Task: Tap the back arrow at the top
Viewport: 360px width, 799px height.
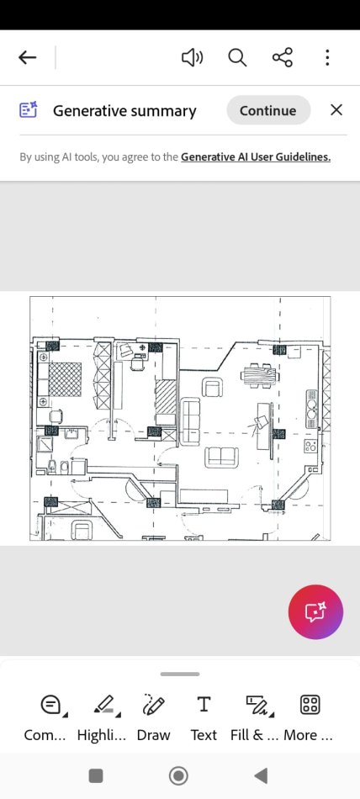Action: pos(28,57)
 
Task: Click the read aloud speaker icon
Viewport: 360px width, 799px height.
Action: pos(193,57)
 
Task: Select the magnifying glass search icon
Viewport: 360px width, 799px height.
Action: pos(237,57)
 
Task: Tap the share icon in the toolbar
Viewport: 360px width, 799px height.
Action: pos(283,57)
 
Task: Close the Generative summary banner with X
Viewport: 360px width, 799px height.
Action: pos(336,110)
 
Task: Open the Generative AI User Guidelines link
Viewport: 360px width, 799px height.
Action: pos(256,157)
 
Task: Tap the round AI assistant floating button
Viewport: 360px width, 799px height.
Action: pos(315,611)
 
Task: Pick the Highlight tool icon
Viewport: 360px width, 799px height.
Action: pos(106,705)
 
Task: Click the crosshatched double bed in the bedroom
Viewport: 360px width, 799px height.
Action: pos(65,379)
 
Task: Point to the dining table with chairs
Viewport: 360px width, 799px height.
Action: pos(260,377)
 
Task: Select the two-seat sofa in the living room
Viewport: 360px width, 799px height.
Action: pos(222,458)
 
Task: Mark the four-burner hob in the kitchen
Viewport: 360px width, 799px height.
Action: pos(310,447)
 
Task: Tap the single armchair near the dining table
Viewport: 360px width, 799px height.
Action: pos(212,388)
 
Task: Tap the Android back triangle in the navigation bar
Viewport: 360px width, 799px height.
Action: pos(261,775)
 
